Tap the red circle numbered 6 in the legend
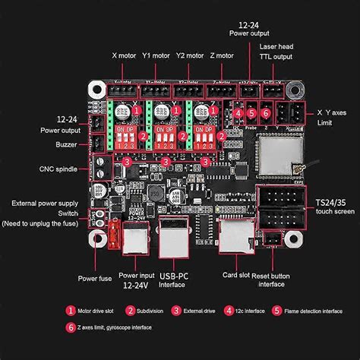pos(71,327)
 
